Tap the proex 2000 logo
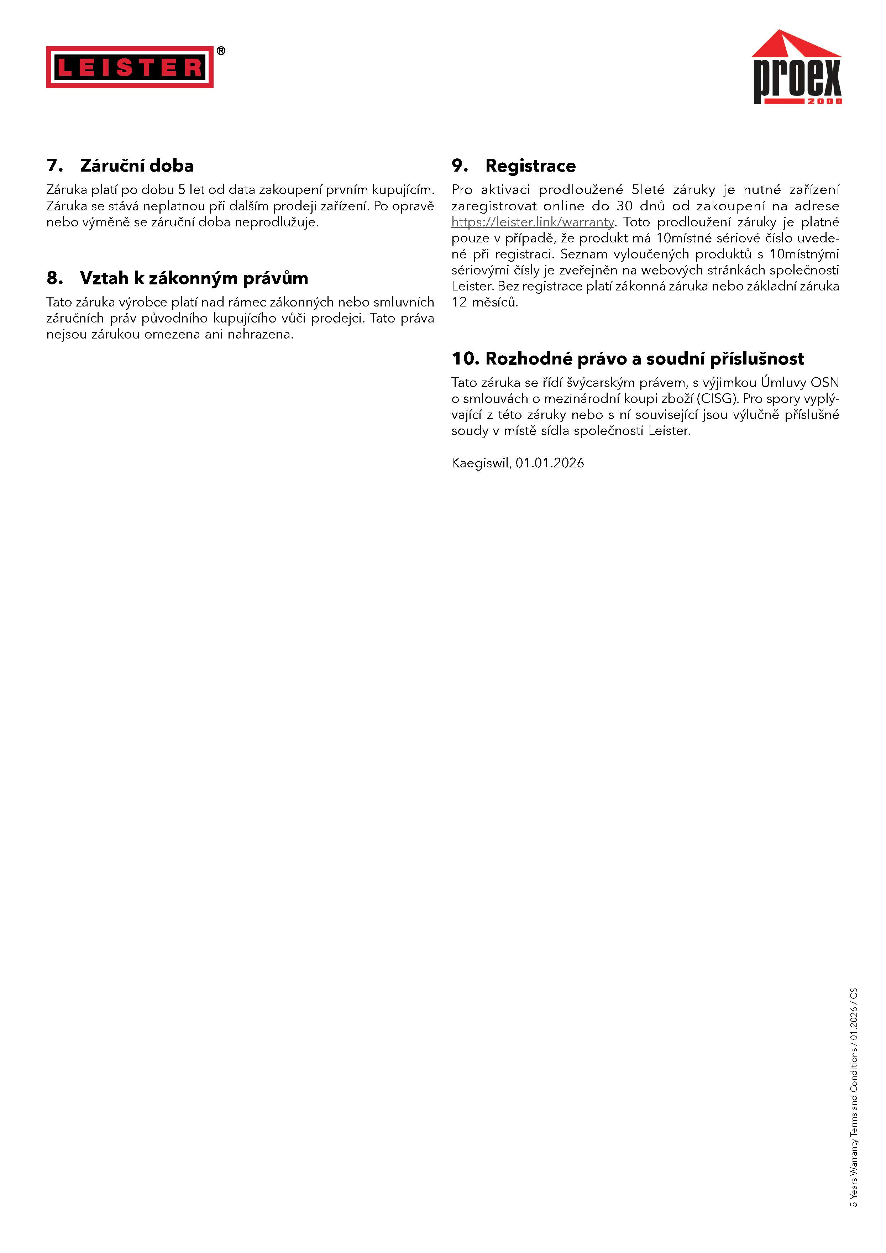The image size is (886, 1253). [x=797, y=68]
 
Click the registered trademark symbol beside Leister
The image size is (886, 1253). [x=221, y=51]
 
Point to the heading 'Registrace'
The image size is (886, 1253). [x=530, y=166]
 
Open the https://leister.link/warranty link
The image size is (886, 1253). [x=533, y=222]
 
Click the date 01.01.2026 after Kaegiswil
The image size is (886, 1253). [x=550, y=463]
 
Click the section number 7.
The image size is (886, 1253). [x=54, y=166]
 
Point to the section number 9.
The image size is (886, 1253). [x=459, y=166]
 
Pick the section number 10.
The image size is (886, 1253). [x=465, y=358]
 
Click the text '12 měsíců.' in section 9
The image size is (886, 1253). [x=484, y=302]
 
